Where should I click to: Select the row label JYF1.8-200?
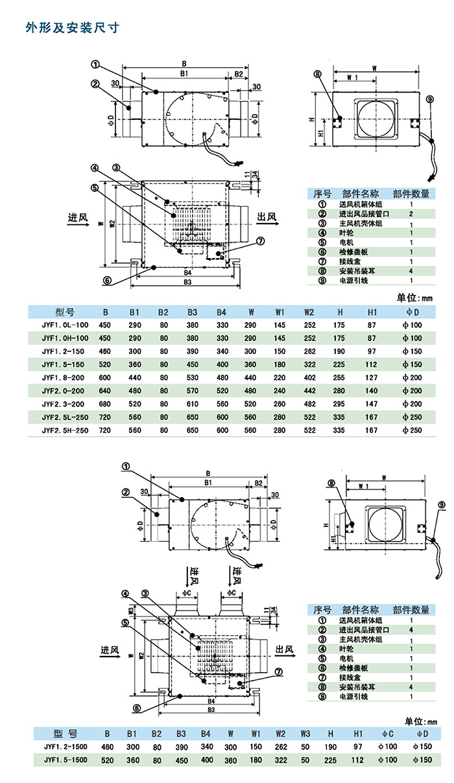pyautogui.click(x=64, y=377)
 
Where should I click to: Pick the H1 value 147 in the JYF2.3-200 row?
pyautogui.click(x=371, y=404)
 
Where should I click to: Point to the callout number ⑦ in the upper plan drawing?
pyautogui.click(x=260, y=241)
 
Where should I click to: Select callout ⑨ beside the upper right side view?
pyautogui.click(x=429, y=99)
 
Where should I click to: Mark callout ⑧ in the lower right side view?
pyautogui.click(x=331, y=483)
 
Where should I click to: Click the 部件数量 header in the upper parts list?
pyautogui.click(x=411, y=193)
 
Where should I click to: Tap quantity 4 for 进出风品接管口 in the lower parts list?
pyautogui.click(x=411, y=629)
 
